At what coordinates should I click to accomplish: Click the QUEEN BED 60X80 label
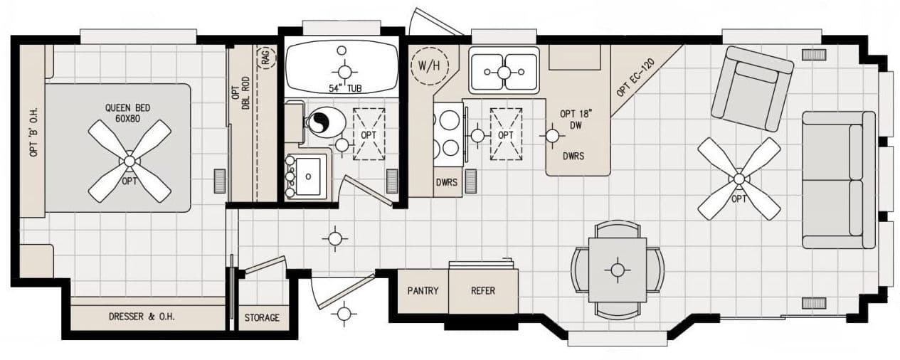pos(128,113)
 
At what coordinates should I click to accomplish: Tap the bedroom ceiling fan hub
pos(129,162)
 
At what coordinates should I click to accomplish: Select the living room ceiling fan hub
pos(738,179)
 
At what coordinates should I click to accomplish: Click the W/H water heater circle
pos(429,67)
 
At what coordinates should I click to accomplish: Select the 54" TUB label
pos(344,88)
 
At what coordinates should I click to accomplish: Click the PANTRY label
pos(423,291)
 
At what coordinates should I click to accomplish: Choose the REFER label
pos(483,291)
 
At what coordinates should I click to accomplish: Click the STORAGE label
pos(262,317)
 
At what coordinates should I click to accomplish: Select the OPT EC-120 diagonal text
pos(635,78)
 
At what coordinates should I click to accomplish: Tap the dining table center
pos(617,270)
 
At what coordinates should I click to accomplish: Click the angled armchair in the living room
pos(753,88)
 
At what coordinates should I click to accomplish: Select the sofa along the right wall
pos(838,179)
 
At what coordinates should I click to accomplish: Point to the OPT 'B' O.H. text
pos(33,132)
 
